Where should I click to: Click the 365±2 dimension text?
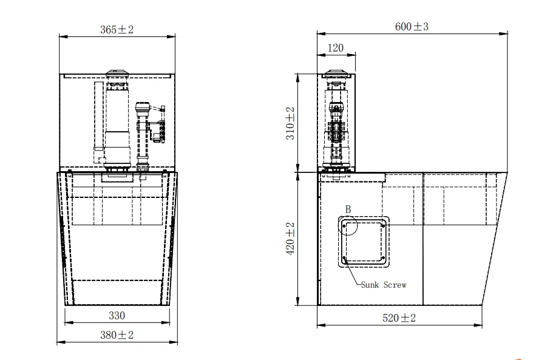click(117, 29)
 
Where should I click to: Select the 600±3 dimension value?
click(412, 27)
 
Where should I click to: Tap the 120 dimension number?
click(335, 48)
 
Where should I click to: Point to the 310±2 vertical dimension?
click(290, 123)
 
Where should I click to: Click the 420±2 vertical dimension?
click(290, 238)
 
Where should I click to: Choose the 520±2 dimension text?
click(399, 318)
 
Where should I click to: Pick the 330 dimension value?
click(117, 315)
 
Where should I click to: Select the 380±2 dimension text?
click(117, 335)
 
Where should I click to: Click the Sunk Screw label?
click(383, 284)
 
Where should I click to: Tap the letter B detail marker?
click(348, 209)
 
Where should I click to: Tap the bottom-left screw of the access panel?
click(344, 260)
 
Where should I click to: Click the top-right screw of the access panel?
click(384, 223)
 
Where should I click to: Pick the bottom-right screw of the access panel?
click(384, 260)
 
